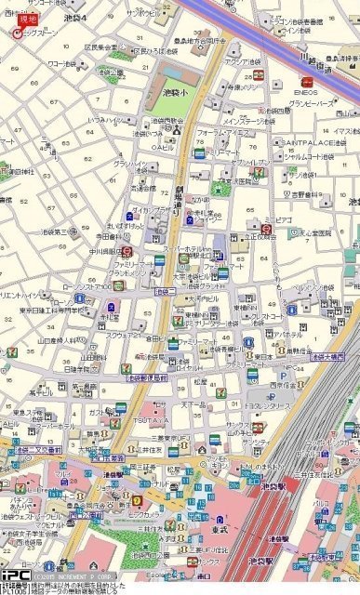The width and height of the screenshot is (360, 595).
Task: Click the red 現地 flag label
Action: coord(28,19)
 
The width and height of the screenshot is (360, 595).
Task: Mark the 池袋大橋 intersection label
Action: coord(327,356)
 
